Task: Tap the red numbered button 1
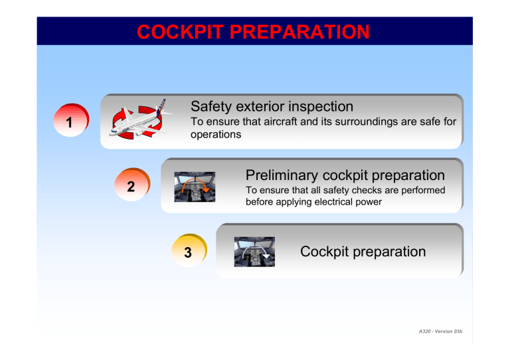pyautogui.click(x=68, y=123)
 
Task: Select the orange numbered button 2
pyautogui.click(x=131, y=188)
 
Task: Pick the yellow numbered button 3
pyautogui.click(x=188, y=253)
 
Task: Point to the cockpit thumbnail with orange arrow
pyautogui.click(x=195, y=187)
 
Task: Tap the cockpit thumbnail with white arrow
pyautogui.click(x=254, y=252)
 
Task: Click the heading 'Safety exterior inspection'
pyautogui.click(x=272, y=106)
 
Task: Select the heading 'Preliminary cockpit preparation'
pyautogui.click(x=345, y=175)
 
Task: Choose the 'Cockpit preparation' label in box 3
pyautogui.click(x=363, y=252)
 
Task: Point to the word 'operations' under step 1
pyautogui.click(x=215, y=134)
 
